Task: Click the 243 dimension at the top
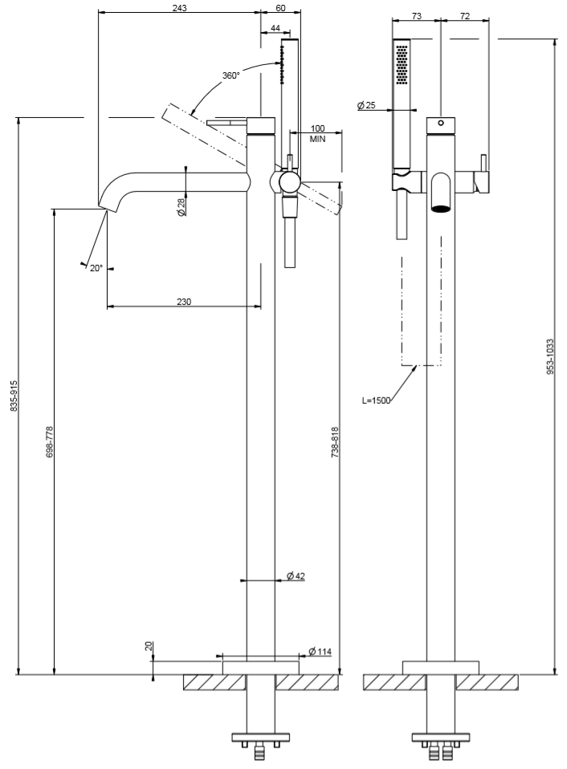[x=179, y=7]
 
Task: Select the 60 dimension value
[x=280, y=7]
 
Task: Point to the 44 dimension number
[x=275, y=28]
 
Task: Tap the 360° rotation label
[x=230, y=75]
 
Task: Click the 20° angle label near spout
[x=96, y=268]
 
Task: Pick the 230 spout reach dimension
[x=183, y=302]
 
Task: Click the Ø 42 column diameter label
[x=296, y=576]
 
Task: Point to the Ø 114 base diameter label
[x=320, y=651]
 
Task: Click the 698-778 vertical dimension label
[x=49, y=441]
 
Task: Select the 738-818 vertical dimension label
[x=335, y=441]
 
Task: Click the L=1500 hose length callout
[x=376, y=400]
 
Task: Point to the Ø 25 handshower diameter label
[x=366, y=105]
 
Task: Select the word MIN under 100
[x=317, y=139]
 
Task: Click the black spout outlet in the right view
[x=440, y=210]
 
